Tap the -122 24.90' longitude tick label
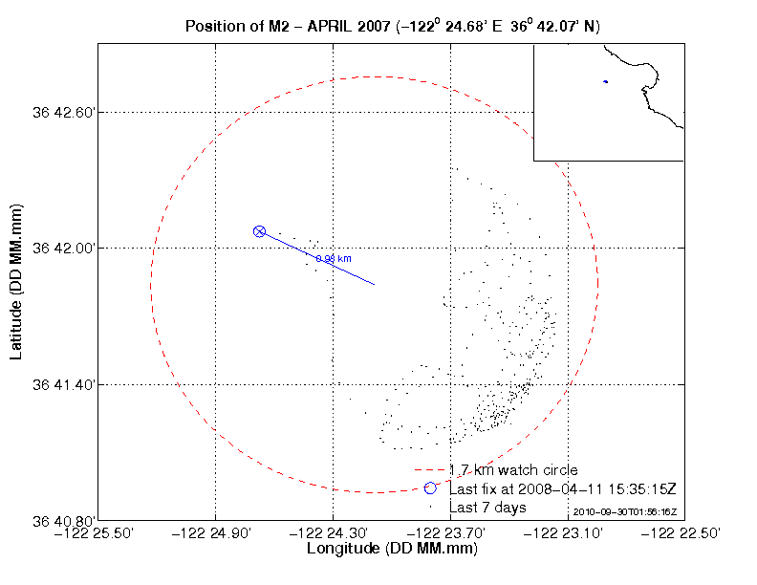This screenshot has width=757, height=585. pos(216,533)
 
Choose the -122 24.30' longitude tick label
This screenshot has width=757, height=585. pos(333,533)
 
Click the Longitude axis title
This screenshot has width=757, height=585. pos(392,550)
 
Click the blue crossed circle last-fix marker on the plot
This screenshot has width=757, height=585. pos(259,231)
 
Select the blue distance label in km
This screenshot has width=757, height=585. pos(334,259)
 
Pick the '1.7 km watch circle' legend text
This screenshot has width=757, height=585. pos(513,470)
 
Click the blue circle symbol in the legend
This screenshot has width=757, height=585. pos(430,488)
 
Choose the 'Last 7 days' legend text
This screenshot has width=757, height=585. pos(487,507)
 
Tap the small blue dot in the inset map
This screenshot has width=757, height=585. pos(605,81)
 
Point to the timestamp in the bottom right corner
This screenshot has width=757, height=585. pos(625,513)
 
